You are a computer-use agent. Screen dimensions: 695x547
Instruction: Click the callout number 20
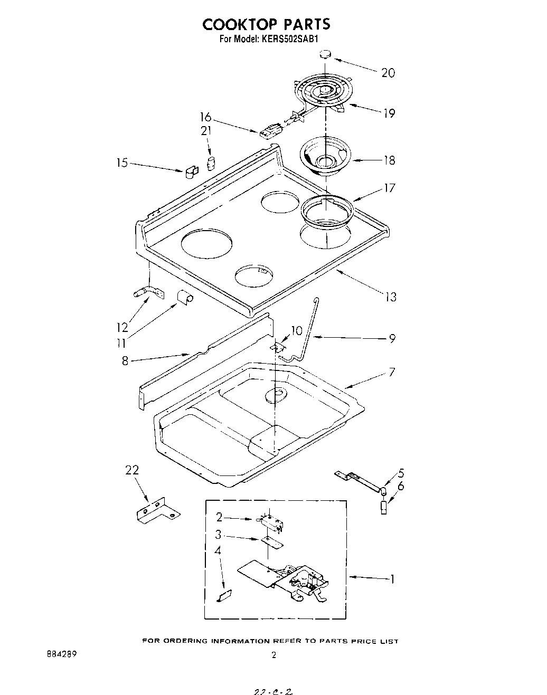pos(388,73)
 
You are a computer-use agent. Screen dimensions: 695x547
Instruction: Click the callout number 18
pos(389,160)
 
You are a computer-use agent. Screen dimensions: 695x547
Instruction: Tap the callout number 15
pos(122,163)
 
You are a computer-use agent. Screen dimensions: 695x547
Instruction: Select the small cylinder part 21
pos(211,163)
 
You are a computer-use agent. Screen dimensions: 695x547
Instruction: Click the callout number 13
pos(390,297)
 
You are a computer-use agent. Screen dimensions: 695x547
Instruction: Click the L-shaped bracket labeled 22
pos(156,511)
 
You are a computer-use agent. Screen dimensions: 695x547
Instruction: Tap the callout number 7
pos(391,373)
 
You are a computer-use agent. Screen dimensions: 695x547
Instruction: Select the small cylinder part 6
pos(384,508)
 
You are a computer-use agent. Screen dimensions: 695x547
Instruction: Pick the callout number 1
pos(391,579)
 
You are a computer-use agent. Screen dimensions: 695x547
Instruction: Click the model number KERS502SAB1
pos(288,39)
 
